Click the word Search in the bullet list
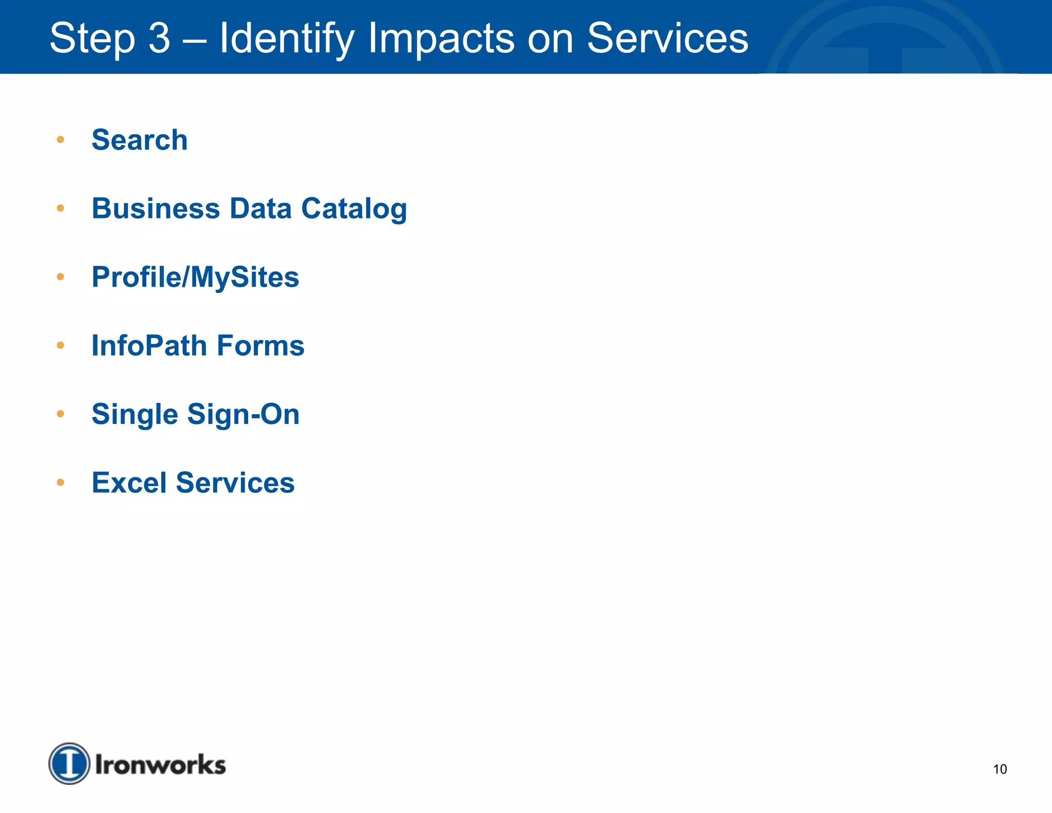pyautogui.click(x=139, y=140)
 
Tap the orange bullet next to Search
pyautogui.click(x=61, y=139)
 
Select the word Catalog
pyautogui.click(x=354, y=209)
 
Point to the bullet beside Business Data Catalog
pyautogui.click(x=61, y=208)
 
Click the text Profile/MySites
pyautogui.click(x=195, y=277)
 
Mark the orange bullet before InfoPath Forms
pyautogui.click(x=61, y=345)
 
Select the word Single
pyautogui.click(x=135, y=414)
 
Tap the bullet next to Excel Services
pyautogui.click(x=61, y=482)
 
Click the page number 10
pyautogui.click(x=1000, y=769)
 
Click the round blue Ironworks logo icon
pyautogui.click(x=69, y=764)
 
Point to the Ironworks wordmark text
pyautogui.click(x=160, y=765)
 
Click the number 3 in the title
pyautogui.click(x=159, y=38)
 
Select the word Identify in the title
pyautogui.click(x=287, y=38)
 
